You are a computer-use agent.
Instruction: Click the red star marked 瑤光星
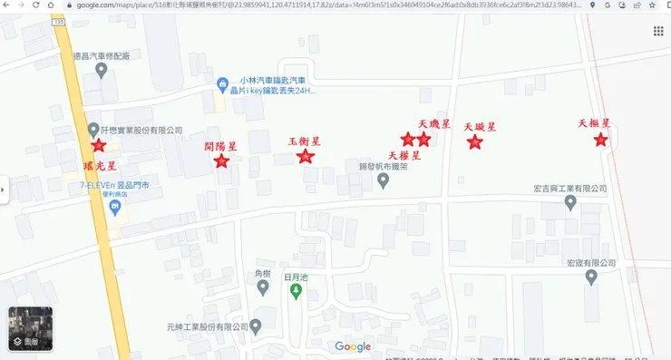coord(98,145)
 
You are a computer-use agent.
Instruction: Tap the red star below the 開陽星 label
coord(221,161)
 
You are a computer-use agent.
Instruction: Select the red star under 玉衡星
coord(306,156)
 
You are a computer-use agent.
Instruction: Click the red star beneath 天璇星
coord(474,141)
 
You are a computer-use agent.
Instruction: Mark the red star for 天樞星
coord(600,140)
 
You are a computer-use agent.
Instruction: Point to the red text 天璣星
coord(434,123)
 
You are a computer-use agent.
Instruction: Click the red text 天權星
coord(404,155)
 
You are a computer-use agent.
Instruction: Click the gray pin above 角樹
coord(263,288)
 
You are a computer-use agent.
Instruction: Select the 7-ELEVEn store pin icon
coord(115,208)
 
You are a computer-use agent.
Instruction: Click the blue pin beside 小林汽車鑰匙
coord(222,85)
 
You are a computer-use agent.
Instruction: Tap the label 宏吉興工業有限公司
coord(569,190)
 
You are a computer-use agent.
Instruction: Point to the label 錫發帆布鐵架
coord(384,167)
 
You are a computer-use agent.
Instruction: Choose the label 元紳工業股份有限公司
coord(208,326)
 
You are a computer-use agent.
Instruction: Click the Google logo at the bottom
coord(353,346)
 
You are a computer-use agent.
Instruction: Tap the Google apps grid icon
coord(658,32)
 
